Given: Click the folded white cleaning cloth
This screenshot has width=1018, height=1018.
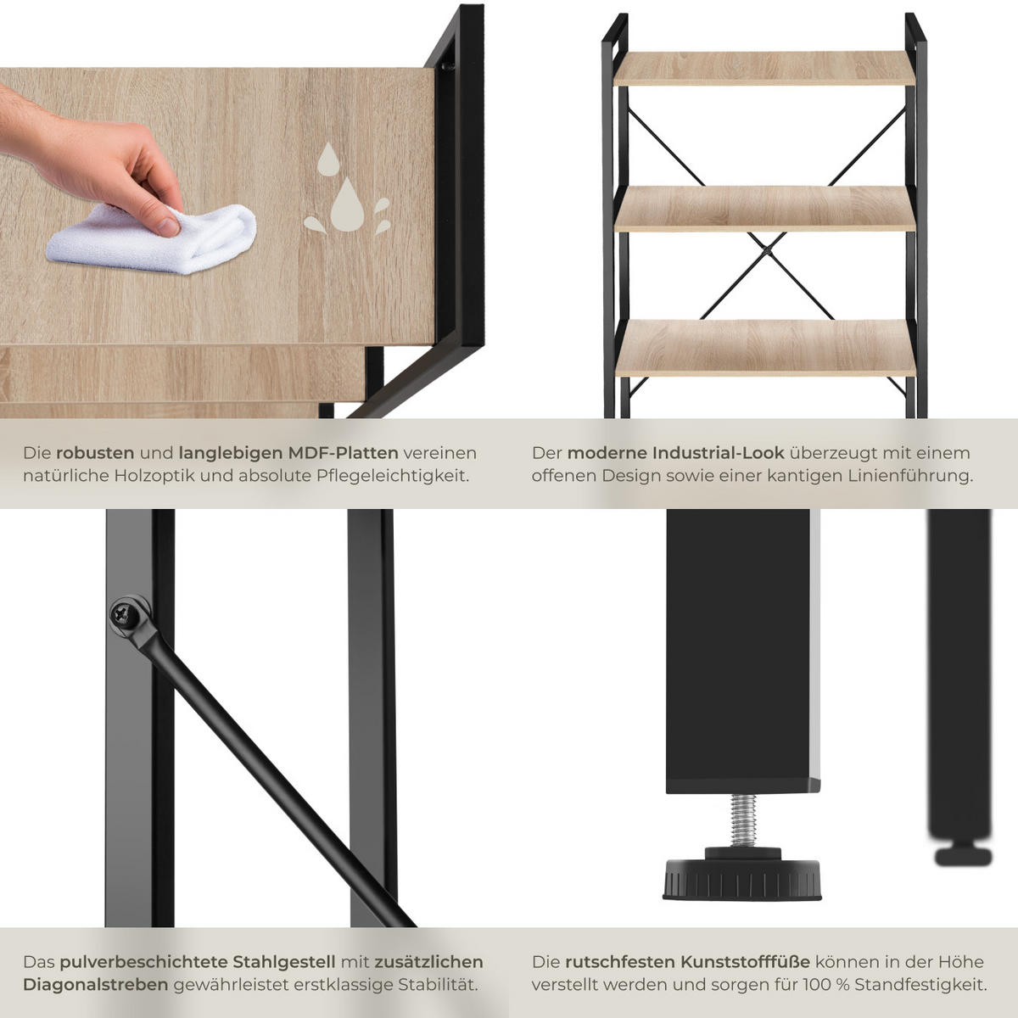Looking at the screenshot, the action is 154,240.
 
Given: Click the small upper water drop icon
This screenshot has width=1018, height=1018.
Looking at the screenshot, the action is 328,159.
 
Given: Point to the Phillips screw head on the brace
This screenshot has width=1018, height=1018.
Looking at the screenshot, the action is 126,615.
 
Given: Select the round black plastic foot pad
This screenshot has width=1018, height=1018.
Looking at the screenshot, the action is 742,879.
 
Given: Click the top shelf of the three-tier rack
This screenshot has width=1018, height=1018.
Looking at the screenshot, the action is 763,68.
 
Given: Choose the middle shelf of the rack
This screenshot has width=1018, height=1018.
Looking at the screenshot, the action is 764,209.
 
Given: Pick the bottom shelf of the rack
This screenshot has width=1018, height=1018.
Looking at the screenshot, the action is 765,348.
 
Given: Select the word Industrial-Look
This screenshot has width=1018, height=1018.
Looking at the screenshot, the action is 718,453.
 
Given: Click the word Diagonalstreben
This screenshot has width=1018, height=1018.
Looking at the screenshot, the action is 96,985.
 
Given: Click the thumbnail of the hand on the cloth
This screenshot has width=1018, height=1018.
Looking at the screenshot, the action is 95,159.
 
